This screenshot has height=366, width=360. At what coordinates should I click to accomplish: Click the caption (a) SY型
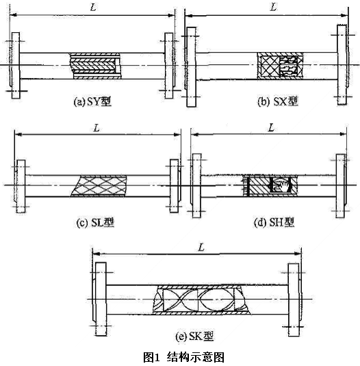click(x=92, y=102)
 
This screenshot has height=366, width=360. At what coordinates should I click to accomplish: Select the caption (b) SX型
click(x=278, y=101)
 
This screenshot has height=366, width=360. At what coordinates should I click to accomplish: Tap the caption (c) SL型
click(x=96, y=223)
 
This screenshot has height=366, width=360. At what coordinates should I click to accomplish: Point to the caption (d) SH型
click(x=274, y=222)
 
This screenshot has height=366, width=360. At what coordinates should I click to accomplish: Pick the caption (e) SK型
click(x=194, y=337)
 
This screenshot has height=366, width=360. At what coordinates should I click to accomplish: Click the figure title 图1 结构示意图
click(x=183, y=357)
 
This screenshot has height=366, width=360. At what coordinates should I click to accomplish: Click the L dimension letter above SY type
click(x=93, y=8)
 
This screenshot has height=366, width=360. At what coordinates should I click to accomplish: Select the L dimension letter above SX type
click(x=273, y=7)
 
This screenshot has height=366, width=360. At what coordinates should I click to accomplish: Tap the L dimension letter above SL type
click(x=97, y=128)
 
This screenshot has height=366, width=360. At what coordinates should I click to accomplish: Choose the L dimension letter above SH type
click(x=271, y=128)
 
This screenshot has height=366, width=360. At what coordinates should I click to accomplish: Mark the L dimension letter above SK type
click(x=201, y=247)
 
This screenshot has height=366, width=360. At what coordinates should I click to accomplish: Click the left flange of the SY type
click(x=16, y=66)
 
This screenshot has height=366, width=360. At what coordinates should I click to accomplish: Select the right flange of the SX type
click(x=342, y=65)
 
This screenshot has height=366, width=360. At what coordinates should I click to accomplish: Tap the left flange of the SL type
click(x=21, y=186)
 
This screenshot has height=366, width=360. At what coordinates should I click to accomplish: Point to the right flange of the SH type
click(x=341, y=186)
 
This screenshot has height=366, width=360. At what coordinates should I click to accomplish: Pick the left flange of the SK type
click(x=101, y=299)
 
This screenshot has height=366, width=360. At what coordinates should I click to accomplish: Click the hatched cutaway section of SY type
click(x=96, y=66)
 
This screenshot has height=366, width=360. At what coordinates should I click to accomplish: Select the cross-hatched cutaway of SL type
click(x=99, y=186)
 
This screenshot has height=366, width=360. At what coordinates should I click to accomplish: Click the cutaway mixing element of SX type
click(x=281, y=66)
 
